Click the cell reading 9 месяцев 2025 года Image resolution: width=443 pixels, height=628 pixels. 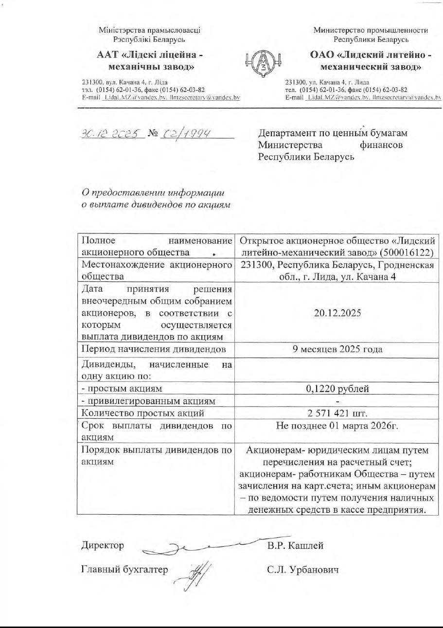coord(337,349)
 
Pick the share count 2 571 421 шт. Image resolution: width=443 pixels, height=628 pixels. coord(337,413)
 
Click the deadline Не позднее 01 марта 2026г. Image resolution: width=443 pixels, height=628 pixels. coord(337,426)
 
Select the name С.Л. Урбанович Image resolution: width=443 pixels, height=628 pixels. coord(302,569)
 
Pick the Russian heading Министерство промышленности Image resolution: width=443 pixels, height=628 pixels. coord(371,30)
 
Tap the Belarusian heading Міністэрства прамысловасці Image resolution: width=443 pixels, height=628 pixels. coord(149,30)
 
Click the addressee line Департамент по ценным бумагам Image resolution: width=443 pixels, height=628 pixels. coord(333,133)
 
